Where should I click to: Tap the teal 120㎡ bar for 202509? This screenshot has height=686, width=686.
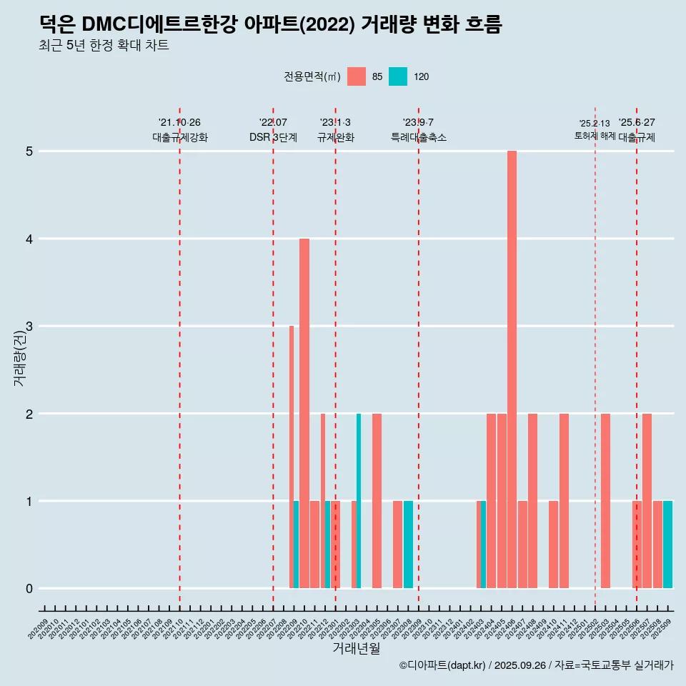(x=667, y=545)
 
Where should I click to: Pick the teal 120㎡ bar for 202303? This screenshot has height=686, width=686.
(x=359, y=500)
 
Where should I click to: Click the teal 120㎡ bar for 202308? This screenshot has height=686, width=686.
(x=408, y=545)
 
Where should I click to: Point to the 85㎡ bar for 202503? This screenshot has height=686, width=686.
(x=605, y=500)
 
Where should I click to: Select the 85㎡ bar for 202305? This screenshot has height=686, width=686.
(x=377, y=500)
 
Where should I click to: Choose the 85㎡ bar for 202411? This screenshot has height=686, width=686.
(x=564, y=500)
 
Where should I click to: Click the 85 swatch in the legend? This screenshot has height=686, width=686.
(x=356, y=76)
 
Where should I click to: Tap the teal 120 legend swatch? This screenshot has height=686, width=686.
(x=398, y=76)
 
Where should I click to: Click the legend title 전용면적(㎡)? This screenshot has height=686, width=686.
(x=312, y=76)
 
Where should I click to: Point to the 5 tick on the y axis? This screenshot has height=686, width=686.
(x=29, y=151)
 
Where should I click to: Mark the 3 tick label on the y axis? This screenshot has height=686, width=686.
(x=29, y=327)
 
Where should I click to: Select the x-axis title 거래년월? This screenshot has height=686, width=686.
(x=356, y=648)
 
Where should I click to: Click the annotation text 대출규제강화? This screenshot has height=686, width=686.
(x=179, y=137)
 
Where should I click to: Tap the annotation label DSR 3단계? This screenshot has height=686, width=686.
(x=273, y=137)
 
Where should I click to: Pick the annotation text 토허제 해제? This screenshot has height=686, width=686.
(x=595, y=136)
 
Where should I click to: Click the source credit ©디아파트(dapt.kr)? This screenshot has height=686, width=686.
(x=442, y=665)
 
